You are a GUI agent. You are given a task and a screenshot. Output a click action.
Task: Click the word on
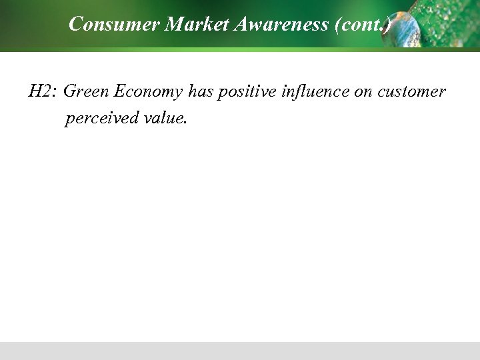[363, 92]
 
